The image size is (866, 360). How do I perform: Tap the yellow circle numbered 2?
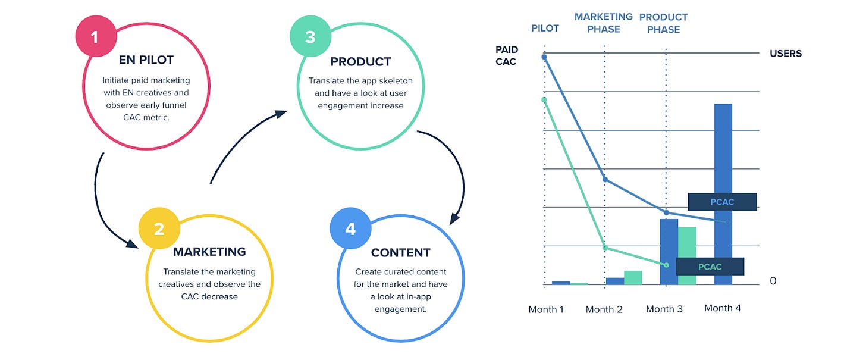pyautogui.click(x=158, y=228)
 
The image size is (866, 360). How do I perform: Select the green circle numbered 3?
pyautogui.click(x=309, y=37)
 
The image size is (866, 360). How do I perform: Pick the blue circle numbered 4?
pyautogui.click(x=350, y=228)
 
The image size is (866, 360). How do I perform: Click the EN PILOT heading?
pyautogui.click(x=146, y=60)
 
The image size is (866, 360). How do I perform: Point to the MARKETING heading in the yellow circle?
pyautogui.click(x=209, y=252)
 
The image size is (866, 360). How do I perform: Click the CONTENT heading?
pyautogui.click(x=400, y=252)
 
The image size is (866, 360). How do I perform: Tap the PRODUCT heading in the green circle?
pyautogui.click(x=360, y=61)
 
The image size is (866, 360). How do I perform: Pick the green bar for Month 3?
pyautogui.click(x=687, y=256)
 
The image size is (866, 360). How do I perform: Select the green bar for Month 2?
pyautogui.click(x=633, y=277)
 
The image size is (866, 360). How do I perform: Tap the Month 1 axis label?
pyautogui.click(x=546, y=309)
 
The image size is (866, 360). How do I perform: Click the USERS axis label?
pyautogui.click(x=786, y=54)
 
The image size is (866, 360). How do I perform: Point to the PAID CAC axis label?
pyautogui.click(x=507, y=55)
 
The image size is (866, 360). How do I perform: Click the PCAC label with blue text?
pyautogui.click(x=722, y=202)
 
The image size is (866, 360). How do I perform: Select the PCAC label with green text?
pyautogui.click(x=710, y=267)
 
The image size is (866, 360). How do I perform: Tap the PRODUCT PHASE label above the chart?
pyautogui.click(x=663, y=23)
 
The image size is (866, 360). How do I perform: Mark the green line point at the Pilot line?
pyautogui.click(x=544, y=99)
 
